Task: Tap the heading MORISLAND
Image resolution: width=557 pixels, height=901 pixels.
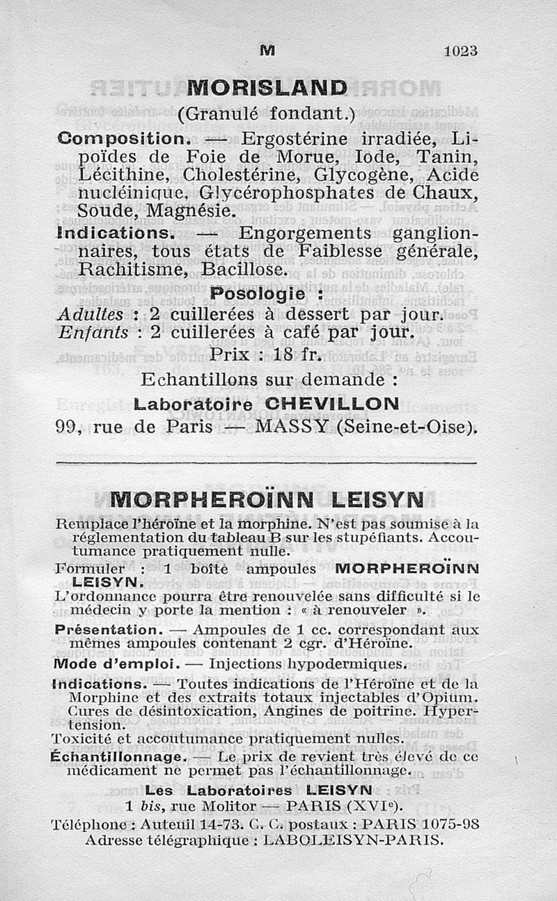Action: (268, 88)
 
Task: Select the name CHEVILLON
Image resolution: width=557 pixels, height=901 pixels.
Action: (340, 403)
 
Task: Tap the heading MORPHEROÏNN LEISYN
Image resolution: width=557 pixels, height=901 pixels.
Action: (267, 500)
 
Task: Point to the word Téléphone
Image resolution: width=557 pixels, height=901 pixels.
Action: (84, 823)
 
